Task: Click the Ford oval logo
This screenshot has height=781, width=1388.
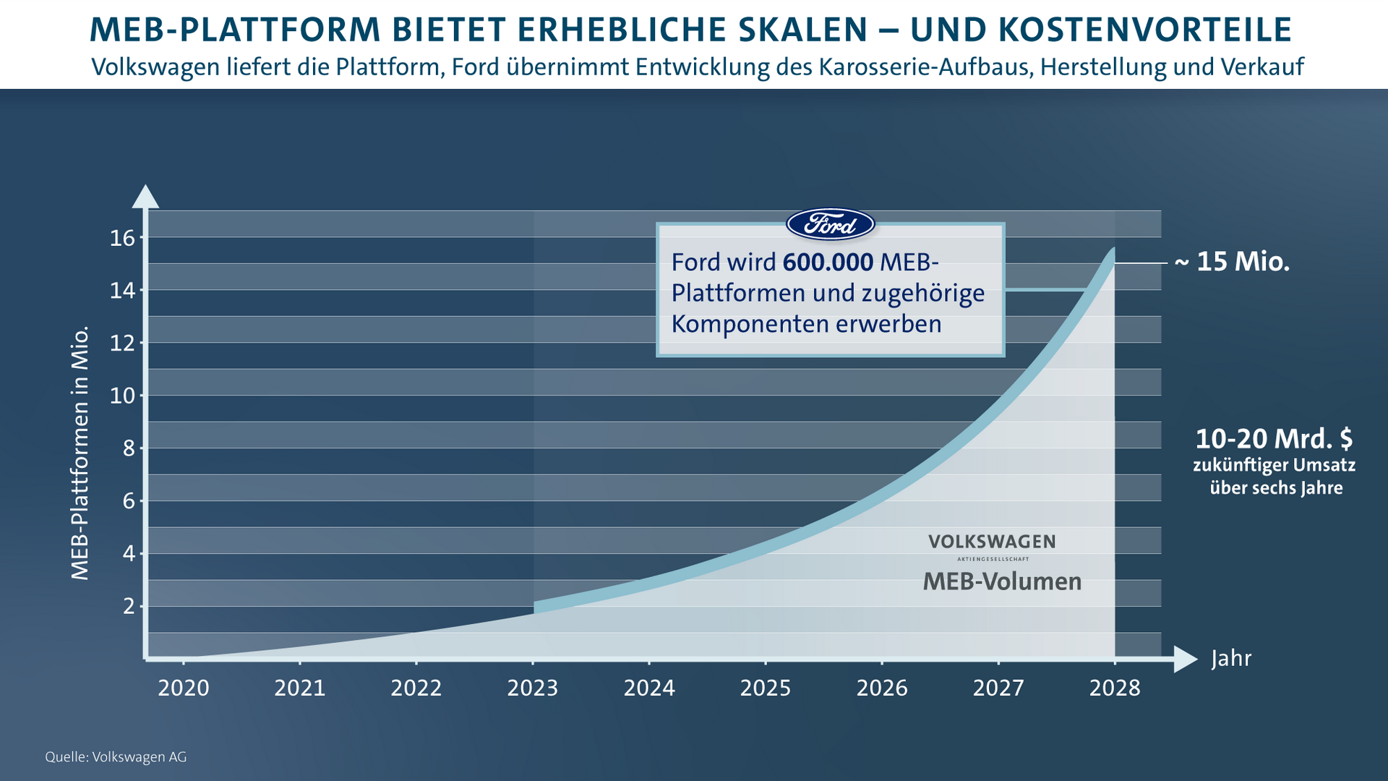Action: pyautogui.click(x=831, y=224)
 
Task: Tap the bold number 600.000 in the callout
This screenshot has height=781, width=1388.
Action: pyautogui.click(x=828, y=262)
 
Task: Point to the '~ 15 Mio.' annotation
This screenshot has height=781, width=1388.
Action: pyautogui.click(x=1232, y=262)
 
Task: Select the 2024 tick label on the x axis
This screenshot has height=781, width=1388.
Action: pyautogui.click(x=649, y=688)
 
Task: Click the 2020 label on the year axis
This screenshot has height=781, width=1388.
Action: pyautogui.click(x=184, y=688)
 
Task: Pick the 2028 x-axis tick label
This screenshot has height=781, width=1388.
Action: pyautogui.click(x=1115, y=688)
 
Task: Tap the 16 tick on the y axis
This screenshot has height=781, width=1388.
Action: pyautogui.click(x=123, y=238)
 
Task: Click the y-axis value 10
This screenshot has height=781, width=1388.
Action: pyautogui.click(x=123, y=396)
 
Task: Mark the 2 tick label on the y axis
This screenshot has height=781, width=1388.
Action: pyautogui.click(x=129, y=606)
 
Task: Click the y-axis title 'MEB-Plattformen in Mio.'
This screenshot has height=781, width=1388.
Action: pyautogui.click(x=80, y=453)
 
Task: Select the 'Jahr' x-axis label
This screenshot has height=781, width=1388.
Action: pyautogui.click(x=1231, y=659)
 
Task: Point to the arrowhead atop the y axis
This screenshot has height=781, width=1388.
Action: pyautogui.click(x=146, y=196)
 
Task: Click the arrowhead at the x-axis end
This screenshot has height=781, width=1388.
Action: pyautogui.click(x=1185, y=659)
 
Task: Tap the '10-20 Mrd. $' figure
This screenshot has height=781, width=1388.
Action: pyautogui.click(x=1274, y=439)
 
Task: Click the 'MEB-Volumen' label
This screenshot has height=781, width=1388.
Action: pyautogui.click(x=1002, y=581)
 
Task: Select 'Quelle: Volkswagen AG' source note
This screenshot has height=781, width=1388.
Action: pyautogui.click(x=116, y=757)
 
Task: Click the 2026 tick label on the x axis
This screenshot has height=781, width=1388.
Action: pyautogui.click(x=882, y=688)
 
